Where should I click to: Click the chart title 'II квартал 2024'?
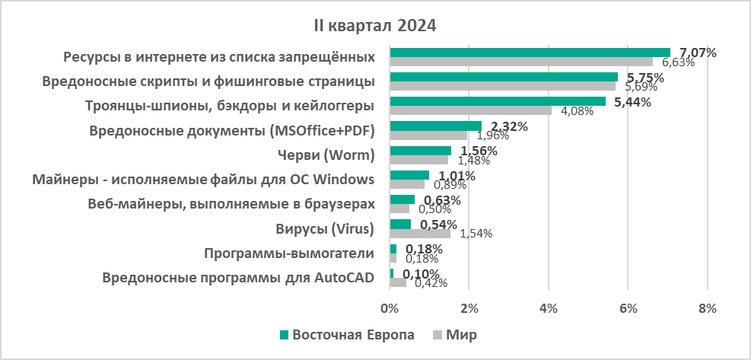(375, 25)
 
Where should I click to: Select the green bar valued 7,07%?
(530, 53)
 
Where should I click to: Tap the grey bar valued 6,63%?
(521, 62)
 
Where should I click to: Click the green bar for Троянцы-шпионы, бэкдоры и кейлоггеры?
(498, 101)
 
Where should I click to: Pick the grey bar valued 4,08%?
(470, 110)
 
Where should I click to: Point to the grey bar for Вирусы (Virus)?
(420, 233)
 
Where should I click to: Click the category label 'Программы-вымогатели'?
(289, 253)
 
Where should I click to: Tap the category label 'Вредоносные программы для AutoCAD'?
(238, 278)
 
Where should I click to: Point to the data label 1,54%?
(476, 234)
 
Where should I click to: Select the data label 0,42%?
(428, 283)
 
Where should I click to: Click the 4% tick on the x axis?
(548, 308)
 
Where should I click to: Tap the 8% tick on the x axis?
(707, 308)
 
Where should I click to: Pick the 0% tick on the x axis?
(390, 308)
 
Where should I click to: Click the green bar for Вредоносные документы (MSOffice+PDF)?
(435, 126)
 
